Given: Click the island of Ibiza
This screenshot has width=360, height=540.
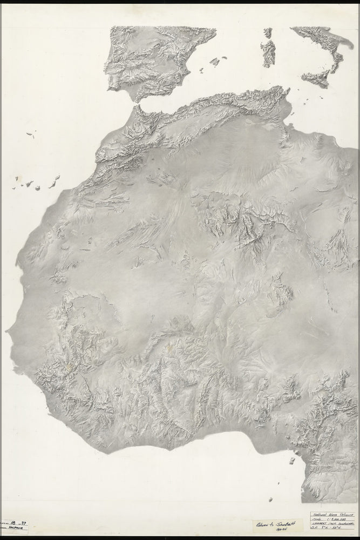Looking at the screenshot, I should tap(201, 70).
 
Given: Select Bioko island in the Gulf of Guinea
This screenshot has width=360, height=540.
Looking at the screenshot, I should tap(292, 460).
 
